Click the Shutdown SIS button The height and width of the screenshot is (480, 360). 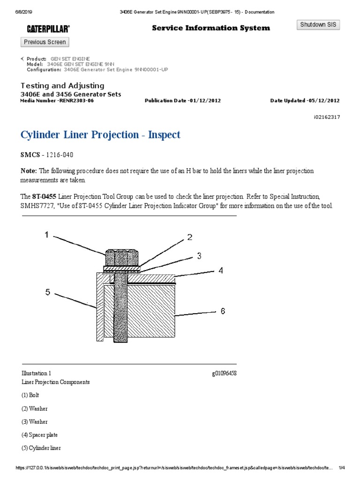click(318, 25)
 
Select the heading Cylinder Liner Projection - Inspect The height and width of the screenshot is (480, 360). click(100, 135)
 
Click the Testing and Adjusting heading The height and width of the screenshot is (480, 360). click(62, 86)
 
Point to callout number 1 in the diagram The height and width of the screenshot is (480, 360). click(46, 235)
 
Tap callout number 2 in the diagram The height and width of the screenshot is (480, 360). click(190, 237)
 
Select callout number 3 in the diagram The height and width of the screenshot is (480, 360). click(199, 256)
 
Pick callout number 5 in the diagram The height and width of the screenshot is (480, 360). click(47, 292)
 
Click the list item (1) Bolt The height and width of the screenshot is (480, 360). click(31, 395)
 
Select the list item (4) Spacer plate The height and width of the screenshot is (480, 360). click(39, 435)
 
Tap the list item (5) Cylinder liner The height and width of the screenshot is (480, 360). click(41, 448)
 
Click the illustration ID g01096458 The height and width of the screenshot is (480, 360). click(224, 373)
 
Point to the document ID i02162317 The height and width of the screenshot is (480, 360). click(326, 117)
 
